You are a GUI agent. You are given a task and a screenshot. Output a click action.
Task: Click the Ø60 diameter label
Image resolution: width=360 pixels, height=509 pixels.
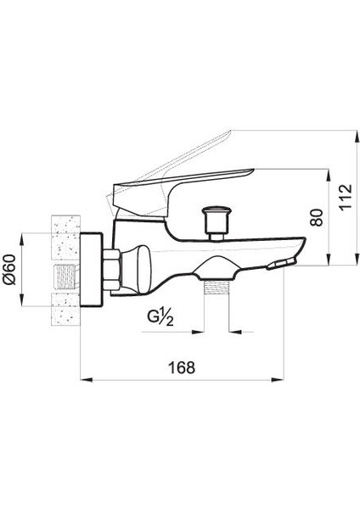tap(11, 271)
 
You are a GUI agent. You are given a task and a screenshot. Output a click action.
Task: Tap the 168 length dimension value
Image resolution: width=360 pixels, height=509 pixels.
tap(181, 366)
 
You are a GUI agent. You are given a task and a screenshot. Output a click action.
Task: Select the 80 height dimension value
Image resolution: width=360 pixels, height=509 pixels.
tap(316, 216)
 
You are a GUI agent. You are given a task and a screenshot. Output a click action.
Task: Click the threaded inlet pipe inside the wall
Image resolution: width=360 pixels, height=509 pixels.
tap(63, 273)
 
